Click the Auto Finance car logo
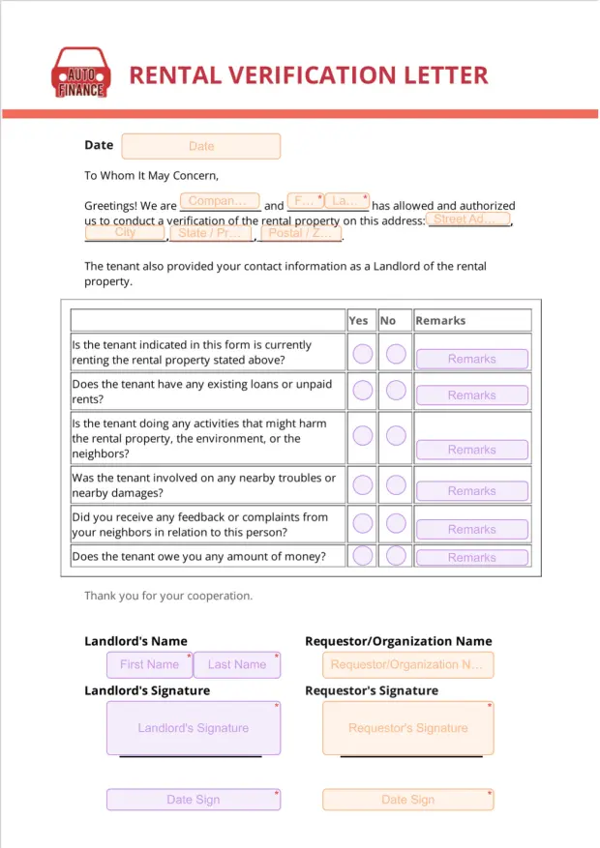(x=80, y=73)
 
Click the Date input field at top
(x=201, y=146)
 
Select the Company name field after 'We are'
(x=220, y=202)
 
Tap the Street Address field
(x=468, y=219)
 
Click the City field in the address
(x=125, y=233)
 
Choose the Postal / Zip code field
(x=301, y=233)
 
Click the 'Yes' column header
(x=358, y=320)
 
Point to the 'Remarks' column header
(x=440, y=320)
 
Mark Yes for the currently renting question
(x=362, y=354)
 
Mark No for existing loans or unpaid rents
(x=396, y=391)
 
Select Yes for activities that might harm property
(x=362, y=435)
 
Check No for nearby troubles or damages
(x=396, y=484)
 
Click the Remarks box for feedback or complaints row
(x=472, y=530)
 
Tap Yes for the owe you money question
(x=362, y=556)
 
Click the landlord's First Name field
(x=149, y=664)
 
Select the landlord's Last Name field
(x=237, y=664)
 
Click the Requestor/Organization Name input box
(x=407, y=664)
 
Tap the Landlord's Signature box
(x=193, y=728)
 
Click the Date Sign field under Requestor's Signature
(x=407, y=800)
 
